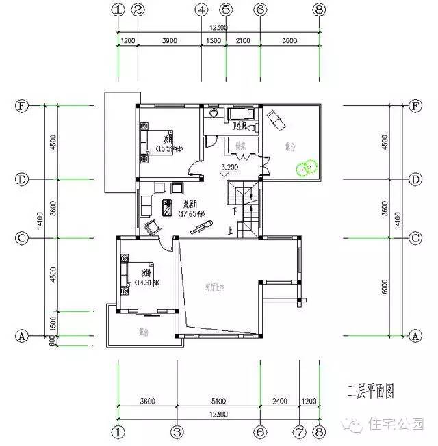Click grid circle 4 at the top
point(201,10)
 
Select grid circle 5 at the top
point(226,10)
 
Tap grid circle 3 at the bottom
point(177,432)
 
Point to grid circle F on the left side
point(22,106)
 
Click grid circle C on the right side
point(414,238)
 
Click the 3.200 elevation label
point(229,167)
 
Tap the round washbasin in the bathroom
point(214,113)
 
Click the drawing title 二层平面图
point(370,393)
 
